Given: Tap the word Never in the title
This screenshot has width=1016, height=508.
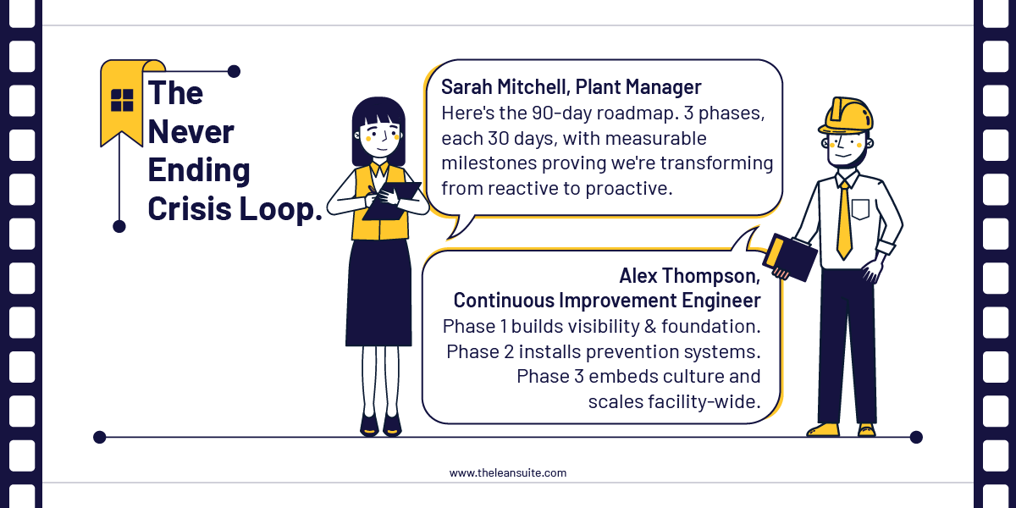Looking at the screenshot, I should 191,132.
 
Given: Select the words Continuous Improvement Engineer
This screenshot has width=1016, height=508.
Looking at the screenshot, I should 606,301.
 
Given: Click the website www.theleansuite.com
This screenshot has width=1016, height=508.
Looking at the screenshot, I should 508,473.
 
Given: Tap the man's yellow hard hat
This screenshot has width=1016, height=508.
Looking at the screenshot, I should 846,115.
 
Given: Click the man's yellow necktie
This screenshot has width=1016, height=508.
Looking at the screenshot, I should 843,220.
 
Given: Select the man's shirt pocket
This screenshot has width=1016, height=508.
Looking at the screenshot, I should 860,209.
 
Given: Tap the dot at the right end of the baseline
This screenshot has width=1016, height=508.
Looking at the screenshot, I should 915,438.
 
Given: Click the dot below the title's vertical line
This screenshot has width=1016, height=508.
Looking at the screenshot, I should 119,226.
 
